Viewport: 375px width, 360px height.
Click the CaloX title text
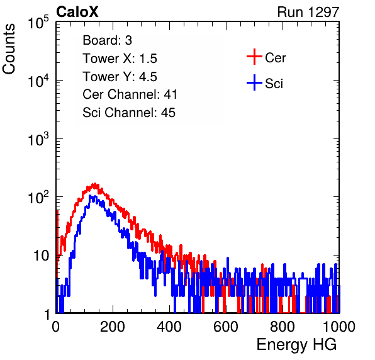tap(77, 12)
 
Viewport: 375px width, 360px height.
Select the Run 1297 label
tap(308, 12)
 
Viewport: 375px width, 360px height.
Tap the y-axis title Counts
tap(9, 49)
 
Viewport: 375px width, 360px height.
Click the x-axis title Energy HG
tap(296, 345)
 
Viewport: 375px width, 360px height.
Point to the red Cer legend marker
tap(254, 57)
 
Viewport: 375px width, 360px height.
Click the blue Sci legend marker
tap(254, 82)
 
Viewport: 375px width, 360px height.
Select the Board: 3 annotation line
tap(108, 40)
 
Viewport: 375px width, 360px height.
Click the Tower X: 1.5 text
tap(120, 59)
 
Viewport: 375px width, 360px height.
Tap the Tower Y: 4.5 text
tap(120, 77)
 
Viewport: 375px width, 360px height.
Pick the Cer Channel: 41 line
tap(130, 94)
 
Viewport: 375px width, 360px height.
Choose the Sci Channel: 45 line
tap(129, 113)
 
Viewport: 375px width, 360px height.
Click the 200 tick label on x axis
tap(113, 327)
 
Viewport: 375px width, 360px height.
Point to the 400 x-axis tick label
tap(169, 327)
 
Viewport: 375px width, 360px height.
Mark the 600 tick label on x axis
tap(226, 327)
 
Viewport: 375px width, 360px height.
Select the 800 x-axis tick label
tap(283, 327)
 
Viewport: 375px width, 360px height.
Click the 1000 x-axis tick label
tap(339, 327)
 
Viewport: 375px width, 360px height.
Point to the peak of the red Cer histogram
tap(95, 184)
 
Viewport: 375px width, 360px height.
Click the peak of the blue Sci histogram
tap(90, 196)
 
